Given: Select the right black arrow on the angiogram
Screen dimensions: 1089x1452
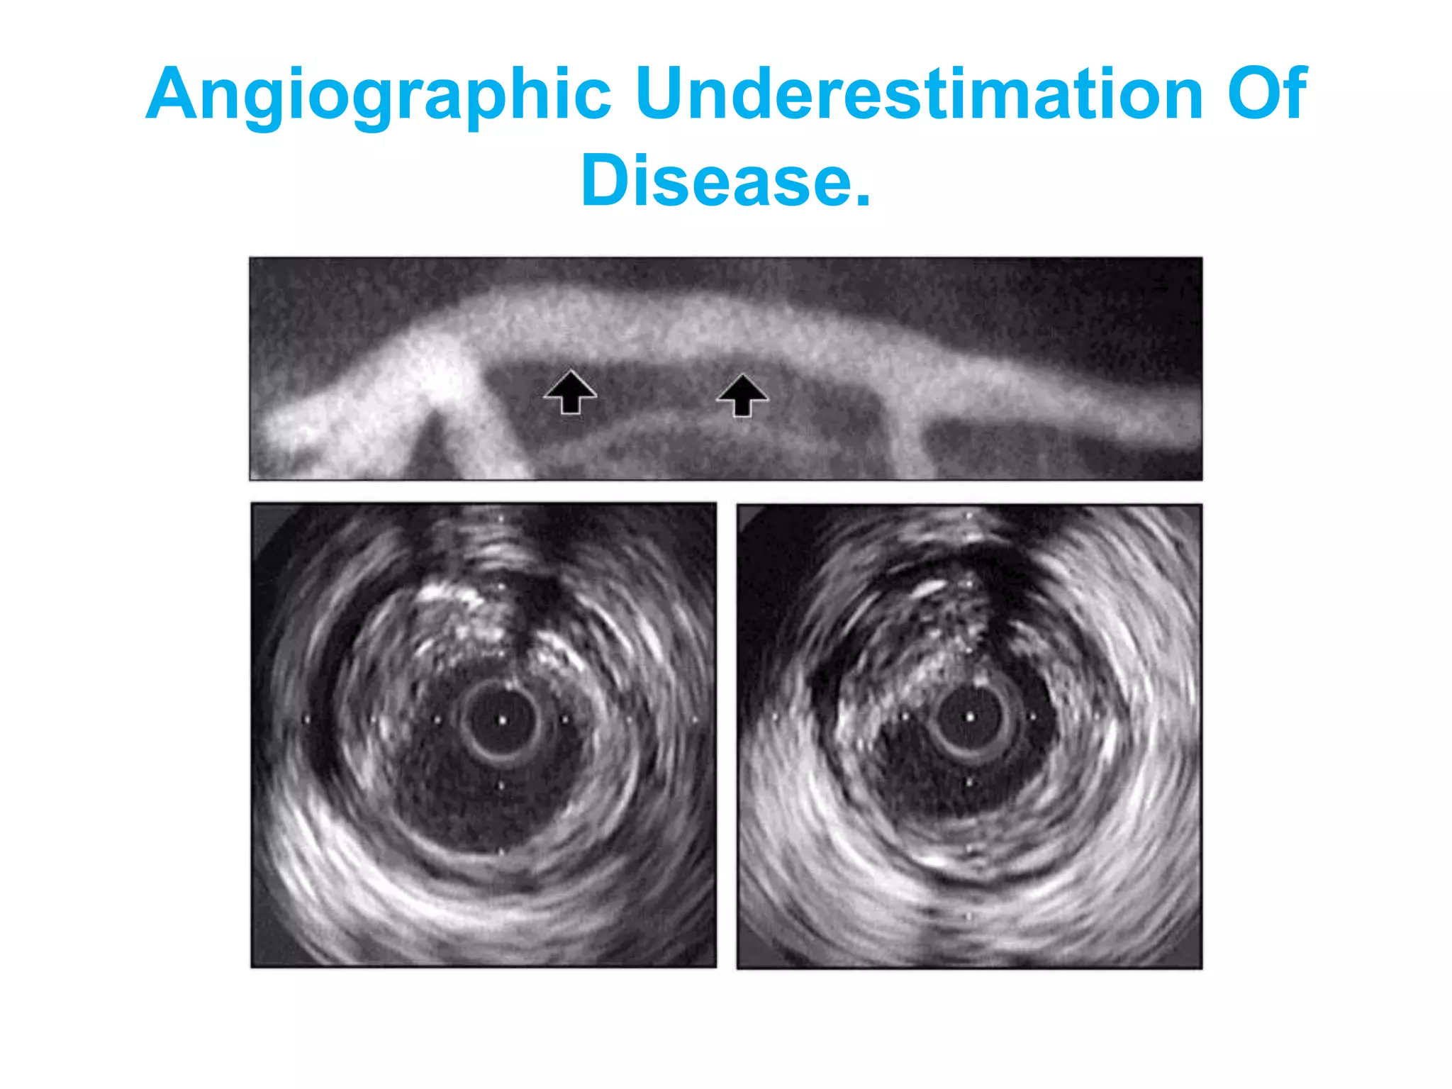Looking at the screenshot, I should point(742,394).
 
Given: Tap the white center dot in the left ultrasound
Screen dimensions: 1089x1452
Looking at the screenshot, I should point(502,720).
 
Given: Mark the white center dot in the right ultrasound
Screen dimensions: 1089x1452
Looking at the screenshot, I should point(970,717).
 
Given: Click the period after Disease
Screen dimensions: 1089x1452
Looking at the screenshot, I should point(861,201).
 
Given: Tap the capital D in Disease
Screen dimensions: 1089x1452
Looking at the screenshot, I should point(605,181).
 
